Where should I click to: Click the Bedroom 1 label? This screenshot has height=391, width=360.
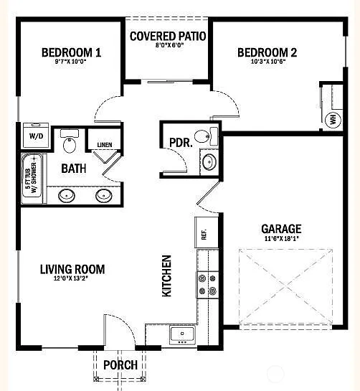tap(71, 52)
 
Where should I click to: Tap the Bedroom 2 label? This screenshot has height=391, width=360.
tap(267, 52)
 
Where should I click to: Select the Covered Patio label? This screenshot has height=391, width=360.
tap(168, 35)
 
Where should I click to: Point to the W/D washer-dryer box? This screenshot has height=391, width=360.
tap(35, 135)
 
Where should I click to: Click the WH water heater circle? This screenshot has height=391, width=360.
tap(332, 118)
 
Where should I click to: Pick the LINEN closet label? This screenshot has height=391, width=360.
tap(104, 146)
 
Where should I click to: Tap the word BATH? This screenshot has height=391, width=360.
tap(74, 169)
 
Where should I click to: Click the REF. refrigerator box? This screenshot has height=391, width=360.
tap(204, 234)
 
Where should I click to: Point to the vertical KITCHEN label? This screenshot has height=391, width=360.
tap(167, 276)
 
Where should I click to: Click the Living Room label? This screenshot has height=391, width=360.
tap(72, 270)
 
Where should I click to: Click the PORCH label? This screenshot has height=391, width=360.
tap(120, 364)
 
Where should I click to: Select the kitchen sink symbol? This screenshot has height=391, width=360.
tap(177, 334)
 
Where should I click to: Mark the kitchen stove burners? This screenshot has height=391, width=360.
tap(207, 283)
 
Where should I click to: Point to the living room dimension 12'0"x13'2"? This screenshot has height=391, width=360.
tap(72, 280)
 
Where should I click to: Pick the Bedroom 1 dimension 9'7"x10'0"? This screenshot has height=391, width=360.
tap(70, 62)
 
